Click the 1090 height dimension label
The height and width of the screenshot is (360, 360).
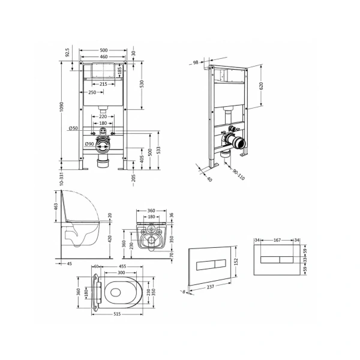(61, 107)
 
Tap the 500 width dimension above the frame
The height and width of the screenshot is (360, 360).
(104, 50)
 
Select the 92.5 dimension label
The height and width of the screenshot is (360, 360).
(67, 52)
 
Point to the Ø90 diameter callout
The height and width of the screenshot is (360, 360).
(89, 144)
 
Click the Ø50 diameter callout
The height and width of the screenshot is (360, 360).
(73, 128)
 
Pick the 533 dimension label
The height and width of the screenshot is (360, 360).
(158, 150)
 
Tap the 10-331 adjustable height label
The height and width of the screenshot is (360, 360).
(61, 179)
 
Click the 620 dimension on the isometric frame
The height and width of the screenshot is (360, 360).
(261, 86)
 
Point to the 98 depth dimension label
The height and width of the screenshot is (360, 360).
(196, 62)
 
